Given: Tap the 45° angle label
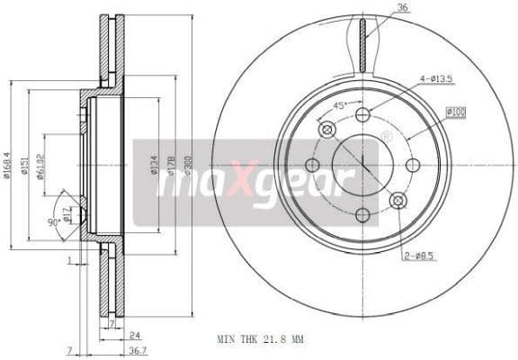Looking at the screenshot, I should pos(341,104).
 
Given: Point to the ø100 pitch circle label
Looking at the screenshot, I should pos(456,111).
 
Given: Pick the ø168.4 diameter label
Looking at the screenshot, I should pos(8,166).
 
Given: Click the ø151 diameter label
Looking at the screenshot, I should pos(25,166).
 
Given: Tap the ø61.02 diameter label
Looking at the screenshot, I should pos(42,166).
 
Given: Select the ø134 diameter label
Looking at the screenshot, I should pos(156,166).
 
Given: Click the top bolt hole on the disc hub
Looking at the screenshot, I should pos(362,115).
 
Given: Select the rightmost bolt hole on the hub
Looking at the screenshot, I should pos(413,165).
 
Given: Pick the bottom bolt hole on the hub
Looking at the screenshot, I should pos(362,215).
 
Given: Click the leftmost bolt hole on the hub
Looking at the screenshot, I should pos(312,165).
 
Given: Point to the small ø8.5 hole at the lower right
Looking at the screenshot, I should pos(397,200).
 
